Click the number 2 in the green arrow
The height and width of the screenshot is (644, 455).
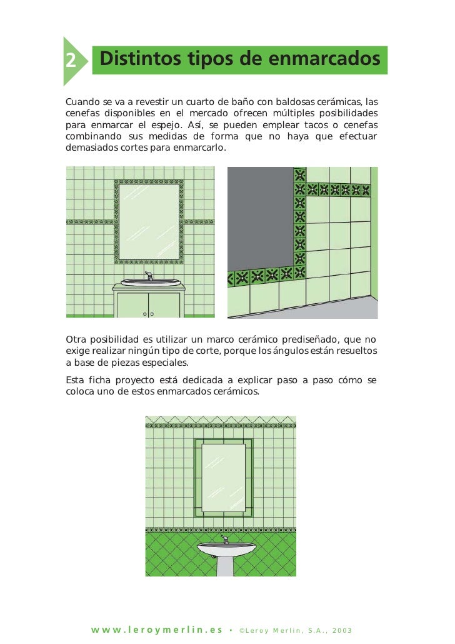click(x=71, y=61)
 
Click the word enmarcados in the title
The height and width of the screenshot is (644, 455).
click(x=324, y=59)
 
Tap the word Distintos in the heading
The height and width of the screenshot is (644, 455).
click(x=137, y=59)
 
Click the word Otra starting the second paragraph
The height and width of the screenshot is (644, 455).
click(x=76, y=340)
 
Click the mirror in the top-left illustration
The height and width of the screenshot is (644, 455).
click(x=148, y=221)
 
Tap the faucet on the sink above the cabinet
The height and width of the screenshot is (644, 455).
click(x=149, y=275)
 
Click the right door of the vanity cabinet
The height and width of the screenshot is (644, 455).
click(x=164, y=304)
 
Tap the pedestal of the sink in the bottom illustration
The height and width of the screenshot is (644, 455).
click(x=225, y=565)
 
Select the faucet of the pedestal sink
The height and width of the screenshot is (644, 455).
click(x=224, y=539)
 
